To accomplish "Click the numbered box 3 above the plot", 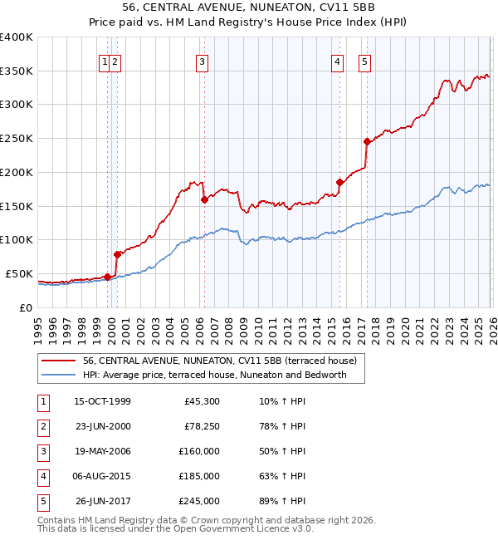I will tap(202, 61).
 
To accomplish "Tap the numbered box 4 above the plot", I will tap(338, 61).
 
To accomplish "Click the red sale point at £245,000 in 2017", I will tap(367, 141).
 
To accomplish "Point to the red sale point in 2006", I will tap(204, 199).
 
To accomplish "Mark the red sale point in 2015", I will tap(339, 182).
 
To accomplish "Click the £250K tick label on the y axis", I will tap(17, 139).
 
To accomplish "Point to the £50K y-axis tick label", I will tap(19, 273).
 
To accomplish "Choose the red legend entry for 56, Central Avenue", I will tap(219, 361).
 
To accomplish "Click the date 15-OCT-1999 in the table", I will tap(102, 402).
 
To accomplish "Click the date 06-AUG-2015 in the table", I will tap(102, 476).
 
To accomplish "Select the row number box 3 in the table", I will tap(41, 452).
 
